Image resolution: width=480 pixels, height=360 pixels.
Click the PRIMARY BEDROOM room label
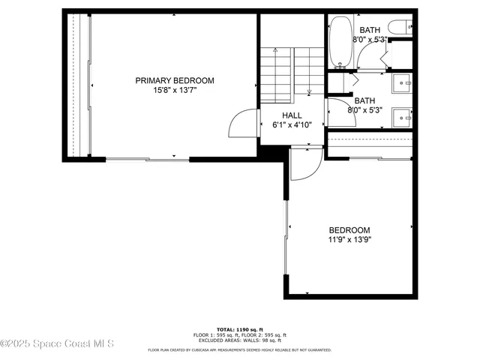point(174,80)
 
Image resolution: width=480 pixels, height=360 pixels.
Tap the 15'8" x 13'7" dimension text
point(174,91)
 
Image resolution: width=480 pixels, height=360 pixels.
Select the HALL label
point(292,115)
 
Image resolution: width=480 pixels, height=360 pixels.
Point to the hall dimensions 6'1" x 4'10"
point(292,125)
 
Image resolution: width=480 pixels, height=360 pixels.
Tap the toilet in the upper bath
point(402,26)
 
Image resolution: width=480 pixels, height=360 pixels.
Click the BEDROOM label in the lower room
point(349,230)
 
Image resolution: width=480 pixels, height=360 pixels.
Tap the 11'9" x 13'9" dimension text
point(349,240)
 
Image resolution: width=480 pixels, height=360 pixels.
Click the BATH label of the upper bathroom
point(370,30)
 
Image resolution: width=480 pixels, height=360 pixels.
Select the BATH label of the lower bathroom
point(364,100)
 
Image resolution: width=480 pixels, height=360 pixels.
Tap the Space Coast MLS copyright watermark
point(57,344)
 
